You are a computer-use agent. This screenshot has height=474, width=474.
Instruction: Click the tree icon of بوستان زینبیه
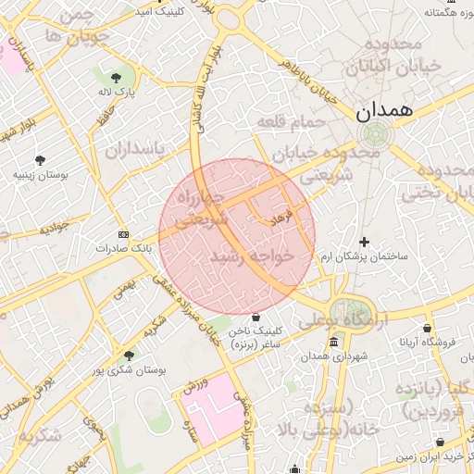[x=40, y=159]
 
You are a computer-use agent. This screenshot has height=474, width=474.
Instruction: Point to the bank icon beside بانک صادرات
[x=124, y=235]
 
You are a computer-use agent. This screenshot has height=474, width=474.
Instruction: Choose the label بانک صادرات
[x=122, y=249]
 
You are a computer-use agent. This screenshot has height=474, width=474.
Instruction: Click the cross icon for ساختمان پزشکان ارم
[x=363, y=242]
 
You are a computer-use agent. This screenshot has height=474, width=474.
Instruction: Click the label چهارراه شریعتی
[x=202, y=209]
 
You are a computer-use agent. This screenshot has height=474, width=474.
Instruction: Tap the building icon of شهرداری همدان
[x=333, y=343]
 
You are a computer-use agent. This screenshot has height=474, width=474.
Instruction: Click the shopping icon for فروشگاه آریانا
[x=427, y=328]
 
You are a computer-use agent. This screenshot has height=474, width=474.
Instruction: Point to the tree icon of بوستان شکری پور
[x=129, y=355]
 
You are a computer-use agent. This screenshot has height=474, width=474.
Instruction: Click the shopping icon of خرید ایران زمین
[x=440, y=443]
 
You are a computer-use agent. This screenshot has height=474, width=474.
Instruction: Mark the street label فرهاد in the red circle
[x=281, y=218]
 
